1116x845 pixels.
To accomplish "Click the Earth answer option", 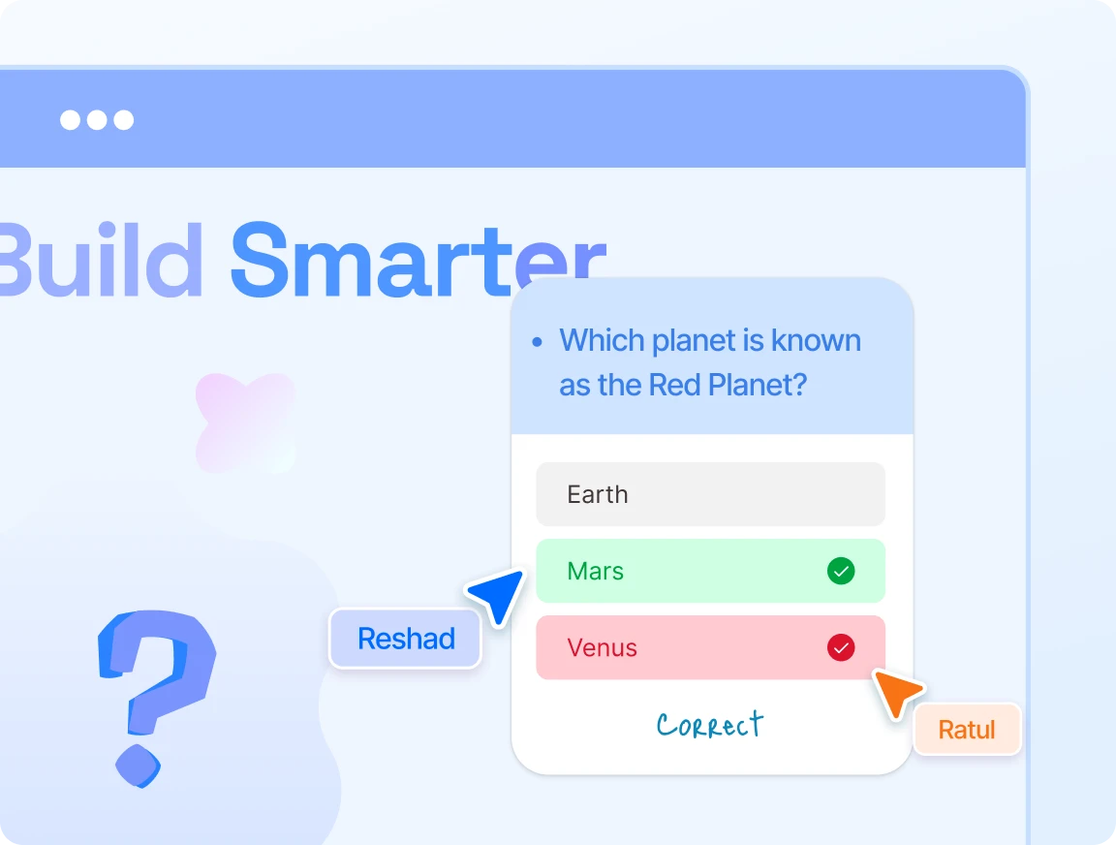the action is pyautogui.click(x=710, y=494).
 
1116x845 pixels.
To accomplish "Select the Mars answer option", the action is pyautogui.click(x=710, y=571).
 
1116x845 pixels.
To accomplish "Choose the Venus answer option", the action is pyautogui.click(x=710, y=648).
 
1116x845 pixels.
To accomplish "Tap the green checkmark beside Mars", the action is pyautogui.click(x=841, y=571).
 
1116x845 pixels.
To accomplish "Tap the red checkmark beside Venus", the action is pyautogui.click(x=841, y=648).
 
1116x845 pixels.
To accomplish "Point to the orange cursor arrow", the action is pyautogui.click(x=897, y=693).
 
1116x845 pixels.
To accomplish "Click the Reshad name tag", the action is pyautogui.click(x=406, y=639).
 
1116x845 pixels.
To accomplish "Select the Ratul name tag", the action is pyautogui.click(x=967, y=730).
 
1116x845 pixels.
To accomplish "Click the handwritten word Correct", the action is pyautogui.click(x=709, y=725).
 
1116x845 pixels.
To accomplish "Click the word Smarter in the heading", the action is pyautogui.click(x=418, y=260).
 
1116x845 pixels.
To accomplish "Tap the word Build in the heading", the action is pyautogui.click(x=101, y=260).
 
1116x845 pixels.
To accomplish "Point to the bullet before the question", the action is pyautogui.click(x=538, y=342).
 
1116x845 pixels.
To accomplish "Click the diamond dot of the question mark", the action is pyautogui.click(x=139, y=766).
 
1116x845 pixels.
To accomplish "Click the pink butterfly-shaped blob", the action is pyautogui.click(x=245, y=422).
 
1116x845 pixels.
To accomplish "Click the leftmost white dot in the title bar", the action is pyautogui.click(x=70, y=119).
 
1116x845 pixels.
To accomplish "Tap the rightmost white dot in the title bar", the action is pyautogui.click(x=124, y=119).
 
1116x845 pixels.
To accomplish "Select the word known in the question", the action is pyautogui.click(x=817, y=340).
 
